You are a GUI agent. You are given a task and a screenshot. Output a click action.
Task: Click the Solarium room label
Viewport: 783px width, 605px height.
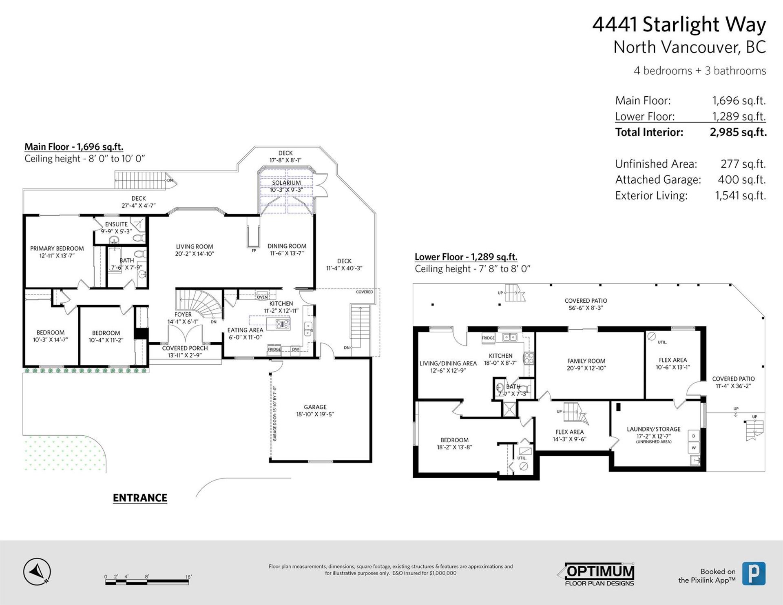click(286, 183)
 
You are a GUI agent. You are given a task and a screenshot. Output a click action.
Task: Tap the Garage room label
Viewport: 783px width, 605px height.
click(315, 407)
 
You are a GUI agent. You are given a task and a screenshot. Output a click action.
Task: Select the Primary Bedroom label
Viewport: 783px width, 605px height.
click(57, 248)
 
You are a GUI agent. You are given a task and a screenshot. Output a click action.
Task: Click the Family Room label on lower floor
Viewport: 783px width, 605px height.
click(586, 361)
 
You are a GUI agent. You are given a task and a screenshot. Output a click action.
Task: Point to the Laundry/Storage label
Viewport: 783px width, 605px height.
click(653, 429)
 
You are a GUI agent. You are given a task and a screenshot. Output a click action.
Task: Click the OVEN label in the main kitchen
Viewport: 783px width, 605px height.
click(262, 297)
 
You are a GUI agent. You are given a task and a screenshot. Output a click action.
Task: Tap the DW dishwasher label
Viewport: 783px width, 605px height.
click(295, 349)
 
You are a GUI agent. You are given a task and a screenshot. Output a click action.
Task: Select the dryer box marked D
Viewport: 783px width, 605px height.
click(693, 436)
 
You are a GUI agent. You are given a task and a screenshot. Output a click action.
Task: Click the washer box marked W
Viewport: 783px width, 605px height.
click(693, 448)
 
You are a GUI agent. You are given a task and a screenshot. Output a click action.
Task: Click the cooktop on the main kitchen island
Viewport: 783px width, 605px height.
click(283, 324)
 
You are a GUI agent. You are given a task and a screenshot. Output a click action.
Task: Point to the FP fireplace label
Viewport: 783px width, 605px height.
click(254, 250)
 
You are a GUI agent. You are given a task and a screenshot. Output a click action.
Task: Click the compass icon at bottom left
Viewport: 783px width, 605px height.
click(37, 572)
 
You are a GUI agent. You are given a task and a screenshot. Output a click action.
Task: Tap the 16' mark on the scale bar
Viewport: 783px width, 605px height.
click(188, 577)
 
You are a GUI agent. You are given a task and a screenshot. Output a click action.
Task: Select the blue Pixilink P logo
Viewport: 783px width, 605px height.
click(753, 574)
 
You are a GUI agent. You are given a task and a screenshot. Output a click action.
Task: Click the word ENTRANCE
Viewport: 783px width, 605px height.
click(140, 498)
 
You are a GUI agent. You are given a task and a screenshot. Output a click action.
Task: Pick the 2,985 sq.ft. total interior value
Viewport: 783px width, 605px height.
click(738, 132)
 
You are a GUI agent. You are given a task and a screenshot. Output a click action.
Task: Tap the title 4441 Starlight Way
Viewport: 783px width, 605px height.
click(679, 24)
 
